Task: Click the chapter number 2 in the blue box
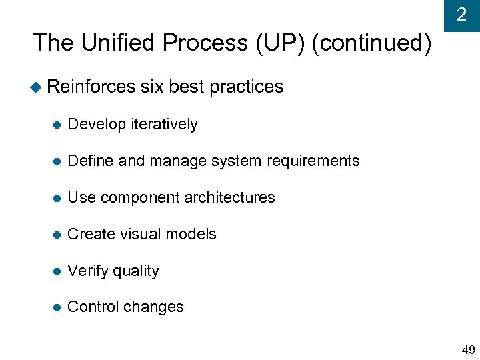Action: click(461, 15)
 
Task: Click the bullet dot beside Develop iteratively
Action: click(57, 125)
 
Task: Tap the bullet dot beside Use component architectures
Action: click(57, 198)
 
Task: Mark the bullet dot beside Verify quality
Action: click(57, 271)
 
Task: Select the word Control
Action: click(91, 307)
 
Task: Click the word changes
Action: click(153, 307)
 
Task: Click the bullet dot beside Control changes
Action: click(57, 307)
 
